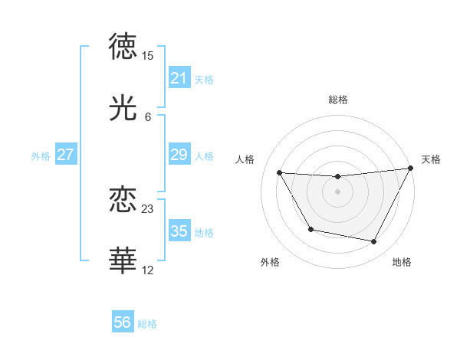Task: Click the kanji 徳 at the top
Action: [123, 47]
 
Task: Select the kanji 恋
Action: [123, 200]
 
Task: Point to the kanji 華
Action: [123, 261]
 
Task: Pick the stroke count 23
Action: [148, 208]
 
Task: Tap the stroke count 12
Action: [148, 270]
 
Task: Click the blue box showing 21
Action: [179, 78]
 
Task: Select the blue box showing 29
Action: [179, 155]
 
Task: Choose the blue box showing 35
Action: [179, 231]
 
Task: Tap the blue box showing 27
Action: [65, 155]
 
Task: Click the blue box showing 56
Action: [122, 322]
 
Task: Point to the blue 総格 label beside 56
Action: [147, 324]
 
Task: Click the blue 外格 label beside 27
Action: [41, 156]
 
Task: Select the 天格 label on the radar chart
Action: [431, 159]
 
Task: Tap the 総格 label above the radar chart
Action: [338, 100]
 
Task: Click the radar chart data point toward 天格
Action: [411, 169]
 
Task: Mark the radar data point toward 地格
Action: [374, 242]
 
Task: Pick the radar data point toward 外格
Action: [310, 229]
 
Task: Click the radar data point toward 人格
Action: [279, 172]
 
